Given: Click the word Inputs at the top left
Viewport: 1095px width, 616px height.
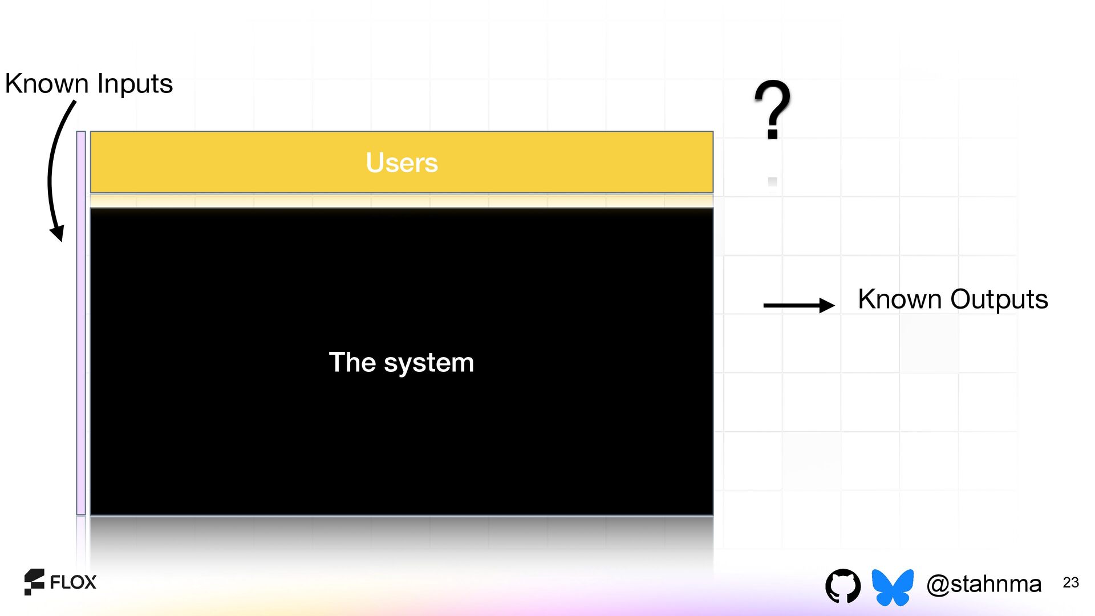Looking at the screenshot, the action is (x=135, y=84).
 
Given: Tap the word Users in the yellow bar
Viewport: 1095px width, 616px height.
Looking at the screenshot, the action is (x=401, y=163).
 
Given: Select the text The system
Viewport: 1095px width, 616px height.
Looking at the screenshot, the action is (x=401, y=362).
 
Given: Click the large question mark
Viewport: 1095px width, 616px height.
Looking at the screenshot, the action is (x=772, y=108).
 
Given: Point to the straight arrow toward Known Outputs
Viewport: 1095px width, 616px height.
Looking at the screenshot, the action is (x=798, y=306).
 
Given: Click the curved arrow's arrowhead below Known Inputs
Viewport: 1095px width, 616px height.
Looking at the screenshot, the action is (x=58, y=233).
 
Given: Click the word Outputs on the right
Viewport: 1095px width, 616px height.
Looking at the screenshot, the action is (x=999, y=299).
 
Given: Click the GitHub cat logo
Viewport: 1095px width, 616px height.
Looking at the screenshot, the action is (x=842, y=585).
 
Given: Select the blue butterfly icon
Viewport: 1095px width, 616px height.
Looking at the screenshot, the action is (x=893, y=586).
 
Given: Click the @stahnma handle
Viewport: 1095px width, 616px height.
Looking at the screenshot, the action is (x=984, y=584).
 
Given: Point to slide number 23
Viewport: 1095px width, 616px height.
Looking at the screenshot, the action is (x=1070, y=582).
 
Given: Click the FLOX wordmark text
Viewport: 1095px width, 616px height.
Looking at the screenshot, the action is (x=73, y=582).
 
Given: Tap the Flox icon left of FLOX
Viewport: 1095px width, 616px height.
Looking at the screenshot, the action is (x=34, y=582).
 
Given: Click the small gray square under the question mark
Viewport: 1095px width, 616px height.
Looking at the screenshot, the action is (x=773, y=182).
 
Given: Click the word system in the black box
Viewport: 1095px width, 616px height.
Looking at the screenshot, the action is (x=429, y=363).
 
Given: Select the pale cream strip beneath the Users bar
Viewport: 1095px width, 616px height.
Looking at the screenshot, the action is (x=401, y=201).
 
